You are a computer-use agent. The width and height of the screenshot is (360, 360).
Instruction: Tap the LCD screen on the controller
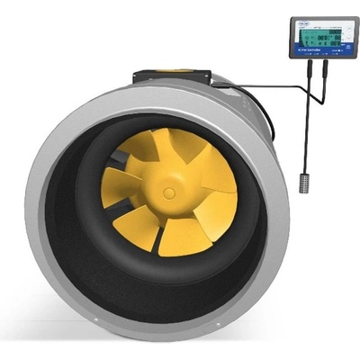(323, 37)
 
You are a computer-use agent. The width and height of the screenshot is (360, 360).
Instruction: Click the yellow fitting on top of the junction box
(180, 69)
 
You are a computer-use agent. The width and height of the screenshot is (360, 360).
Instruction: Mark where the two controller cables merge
(309, 86)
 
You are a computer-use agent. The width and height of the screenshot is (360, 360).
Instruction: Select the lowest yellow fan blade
(184, 235)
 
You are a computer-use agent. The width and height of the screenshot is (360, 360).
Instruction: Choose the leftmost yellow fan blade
(119, 184)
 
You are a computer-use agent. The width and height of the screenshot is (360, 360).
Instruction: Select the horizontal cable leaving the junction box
(252, 86)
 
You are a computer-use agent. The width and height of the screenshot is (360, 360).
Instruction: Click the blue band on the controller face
(323, 53)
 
